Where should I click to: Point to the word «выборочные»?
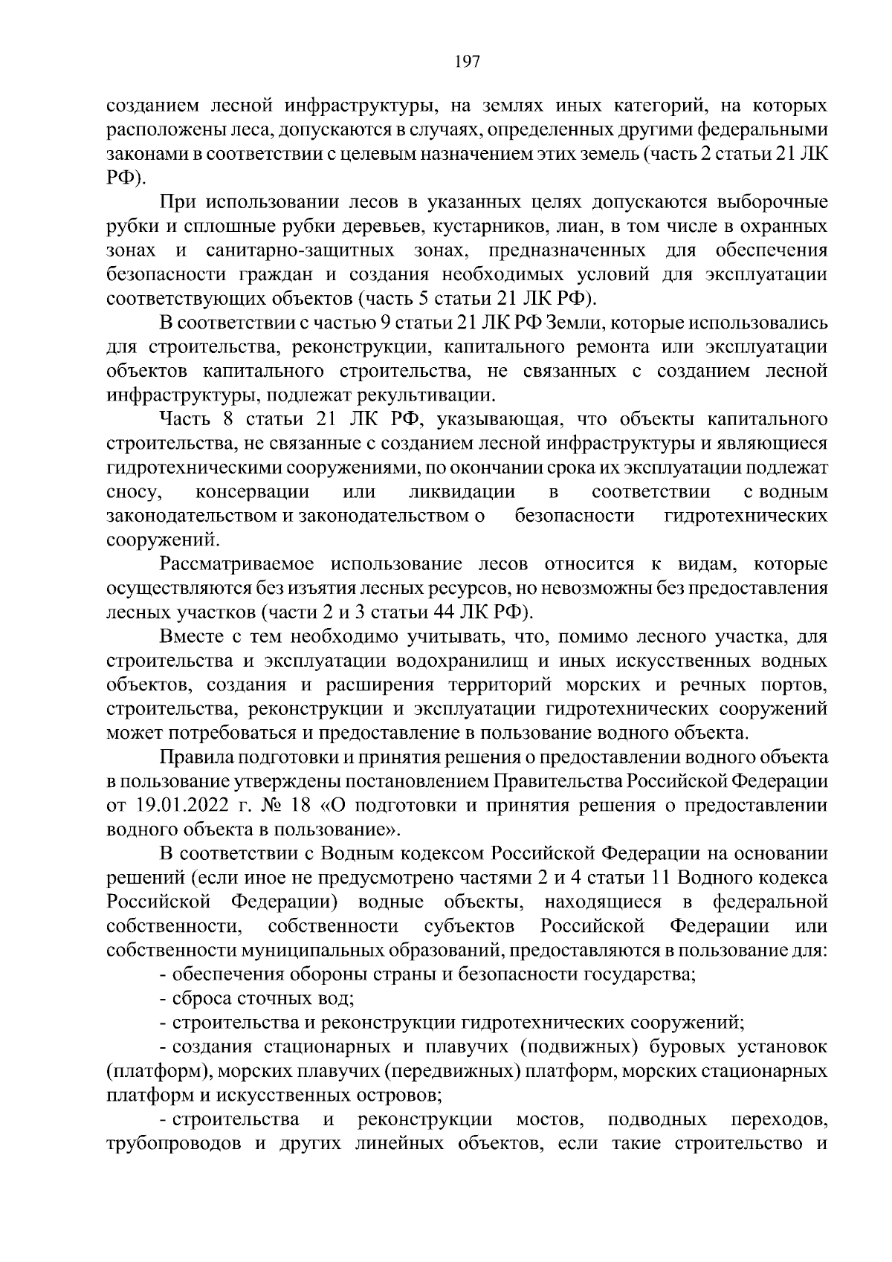[x=772, y=202]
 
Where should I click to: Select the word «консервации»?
[x=252, y=492]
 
